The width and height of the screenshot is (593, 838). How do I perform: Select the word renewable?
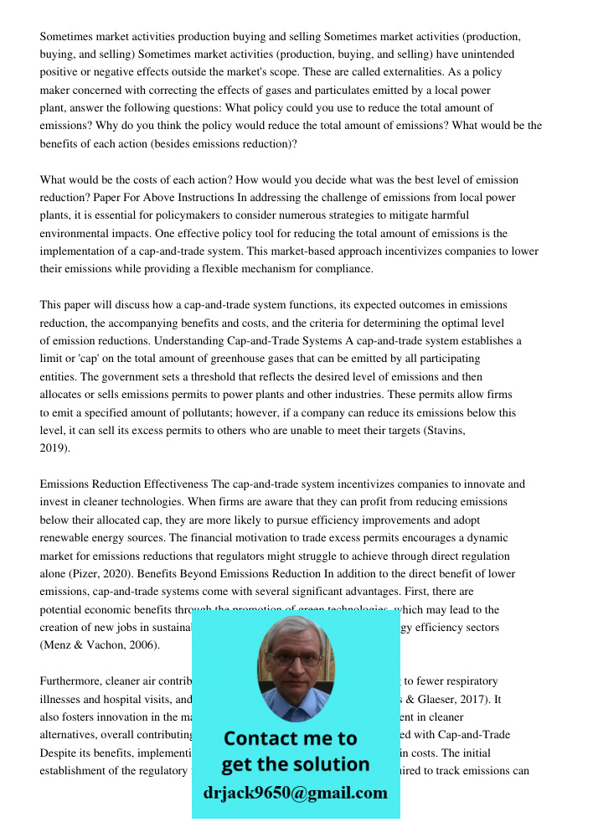click(67, 538)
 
